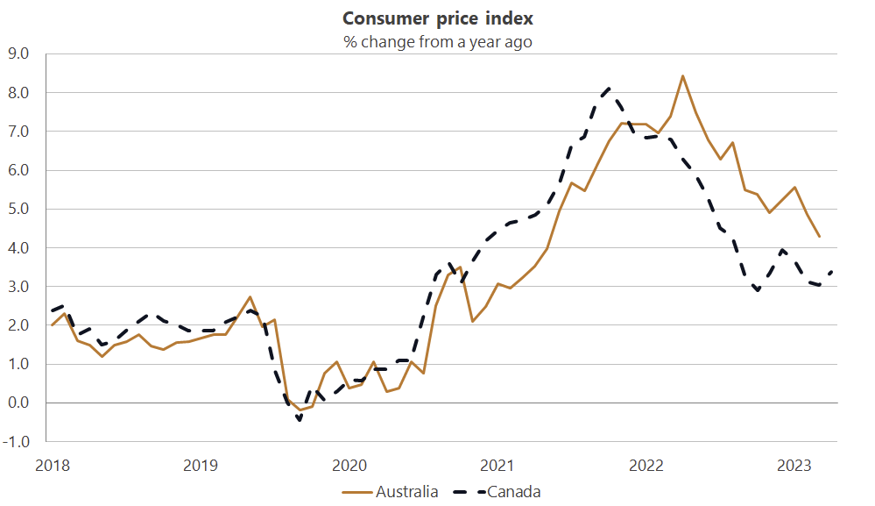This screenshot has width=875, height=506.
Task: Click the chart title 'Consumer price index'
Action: pos(437,18)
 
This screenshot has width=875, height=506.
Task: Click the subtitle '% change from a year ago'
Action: pos(437,41)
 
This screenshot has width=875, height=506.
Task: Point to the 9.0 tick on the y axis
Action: pos(18,53)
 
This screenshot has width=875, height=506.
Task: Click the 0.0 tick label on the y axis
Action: pos(18,403)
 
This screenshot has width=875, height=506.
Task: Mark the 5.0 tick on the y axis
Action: pos(18,209)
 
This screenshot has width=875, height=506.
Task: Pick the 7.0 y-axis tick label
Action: pos(18,132)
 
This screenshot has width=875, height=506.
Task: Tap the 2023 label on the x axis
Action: pos(794,465)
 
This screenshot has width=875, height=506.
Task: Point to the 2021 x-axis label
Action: pos(497,465)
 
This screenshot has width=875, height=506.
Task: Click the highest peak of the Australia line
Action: pos(682,75)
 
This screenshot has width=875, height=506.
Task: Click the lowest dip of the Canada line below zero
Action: pos(300,420)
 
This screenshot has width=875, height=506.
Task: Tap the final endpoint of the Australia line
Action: pos(819,237)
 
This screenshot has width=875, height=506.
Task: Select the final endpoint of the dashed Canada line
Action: pos(831,271)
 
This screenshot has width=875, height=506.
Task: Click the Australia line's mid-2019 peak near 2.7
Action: pos(251,297)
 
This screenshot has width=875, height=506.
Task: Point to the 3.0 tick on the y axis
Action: pos(18,287)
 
